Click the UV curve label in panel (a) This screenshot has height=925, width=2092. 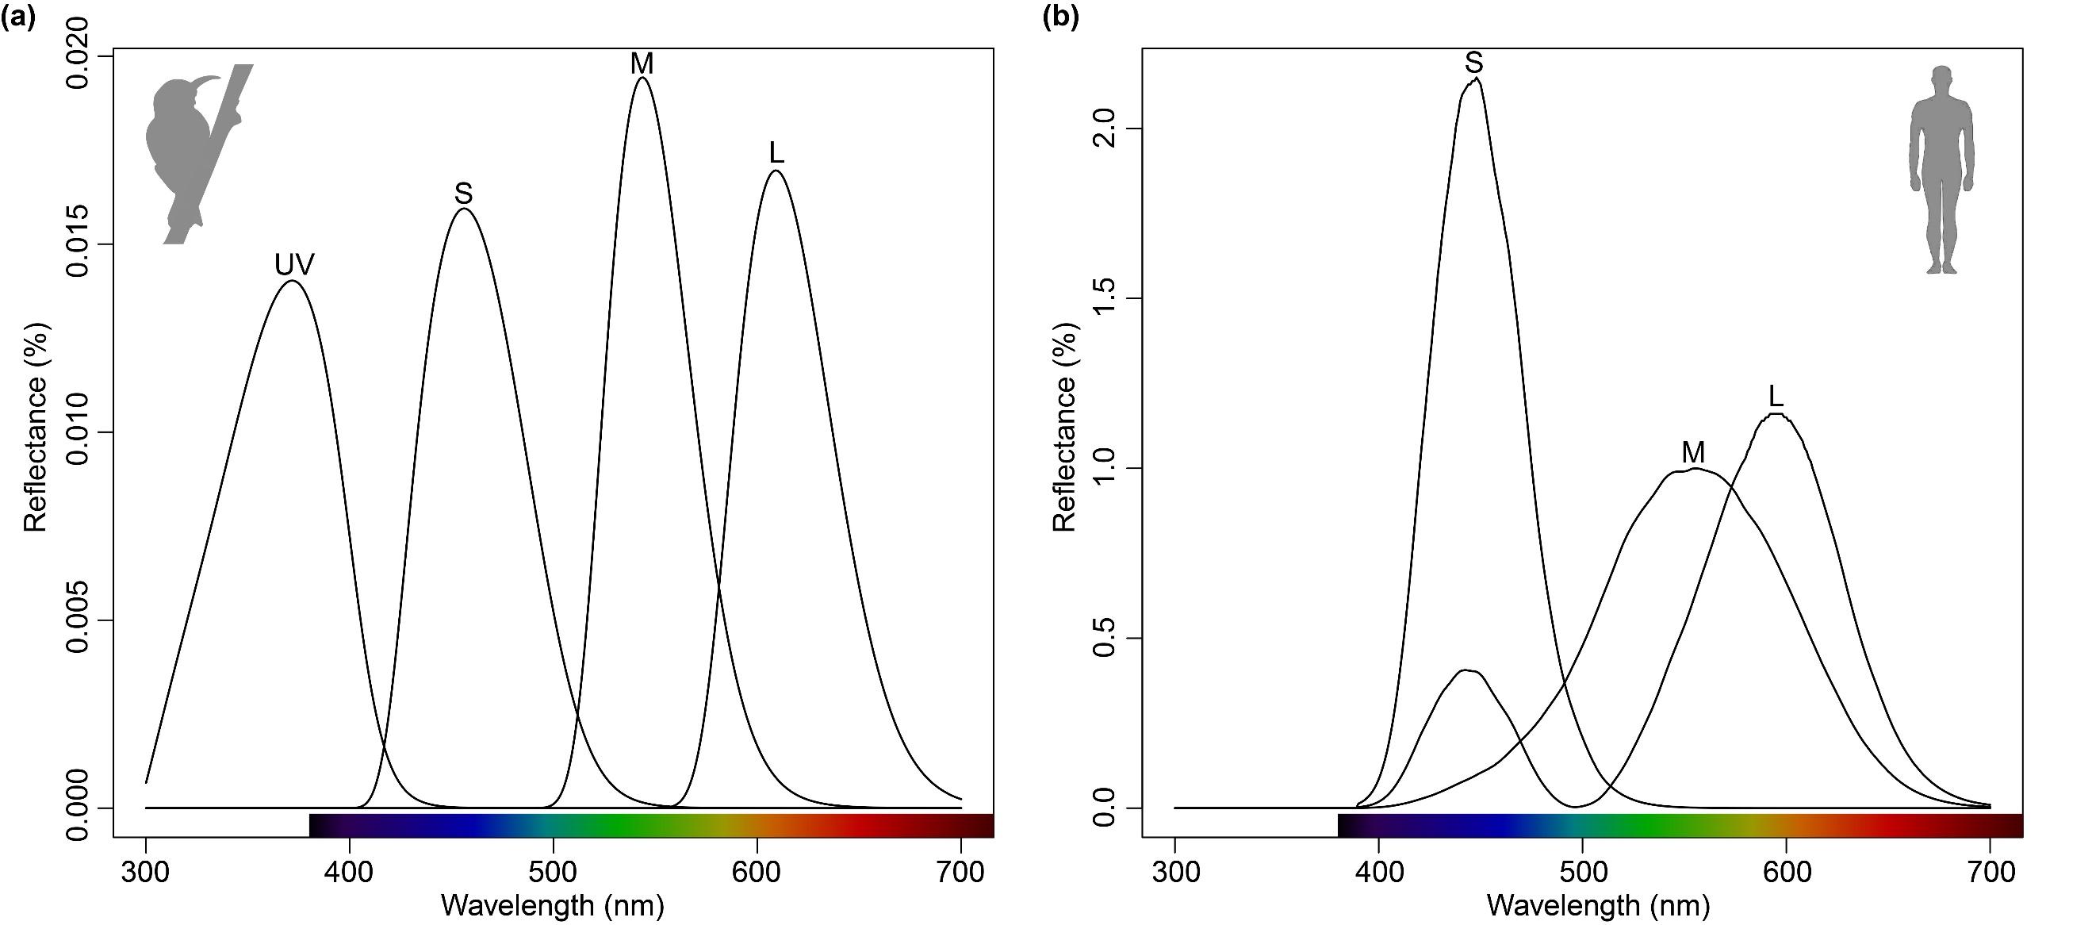point(294,265)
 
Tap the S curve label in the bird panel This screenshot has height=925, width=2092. point(464,194)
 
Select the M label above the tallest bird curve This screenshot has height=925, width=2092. point(642,64)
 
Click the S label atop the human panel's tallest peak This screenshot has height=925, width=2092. point(1474,63)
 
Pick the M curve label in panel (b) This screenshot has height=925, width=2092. point(1693,452)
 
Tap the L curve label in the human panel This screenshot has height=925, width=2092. point(1776,397)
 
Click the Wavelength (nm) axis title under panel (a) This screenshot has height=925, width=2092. point(552,905)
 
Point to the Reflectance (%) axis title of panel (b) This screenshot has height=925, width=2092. point(1064,426)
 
